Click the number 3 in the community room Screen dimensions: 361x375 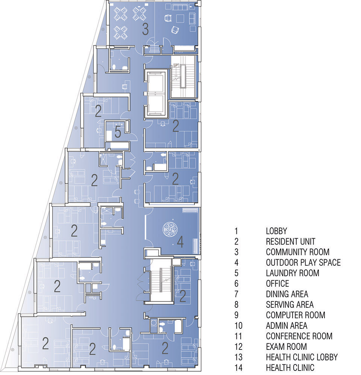pyautogui.click(x=145, y=29)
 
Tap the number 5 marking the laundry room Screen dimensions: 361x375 pyautogui.click(x=118, y=132)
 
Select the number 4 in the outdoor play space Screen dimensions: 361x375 pyautogui.click(x=180, y=242)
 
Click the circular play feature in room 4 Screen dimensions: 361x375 pyautogui.click(x=170, y=229)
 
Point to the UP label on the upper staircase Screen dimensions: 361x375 pyautogui.click(x=176, y=65)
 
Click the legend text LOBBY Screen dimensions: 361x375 pyautogui.click(x=276, y=231)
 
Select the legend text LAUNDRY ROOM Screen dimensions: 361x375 pyautogui.click(x=293, y=273)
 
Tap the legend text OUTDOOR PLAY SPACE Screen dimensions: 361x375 pyautogui.click(x=303, y=263)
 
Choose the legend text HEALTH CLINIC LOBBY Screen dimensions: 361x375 pyautogui.click(x=302, y=357)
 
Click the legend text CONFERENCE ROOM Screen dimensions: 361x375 pyautogui.click(x=299, y=336)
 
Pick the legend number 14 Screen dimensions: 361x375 pyautogui.click(x=238, y=368)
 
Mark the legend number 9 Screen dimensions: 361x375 pyautogui.click(x=237, y=315)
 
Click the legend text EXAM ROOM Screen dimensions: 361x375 pyautogui.click(x=286, y=347)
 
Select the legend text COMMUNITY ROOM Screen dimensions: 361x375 pyautogui.click(x=297, y=252)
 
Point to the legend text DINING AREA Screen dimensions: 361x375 pyautogui.click(x=287, y=294)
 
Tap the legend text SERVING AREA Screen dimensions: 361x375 pyautogui.click(x=290, y=305)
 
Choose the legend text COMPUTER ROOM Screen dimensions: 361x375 pyautogui.click(x=296, y=315)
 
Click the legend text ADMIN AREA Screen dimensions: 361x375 pyautogui.click(x=287, y=326)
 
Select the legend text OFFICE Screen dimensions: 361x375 pyautogui.click(x=278, y=284)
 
